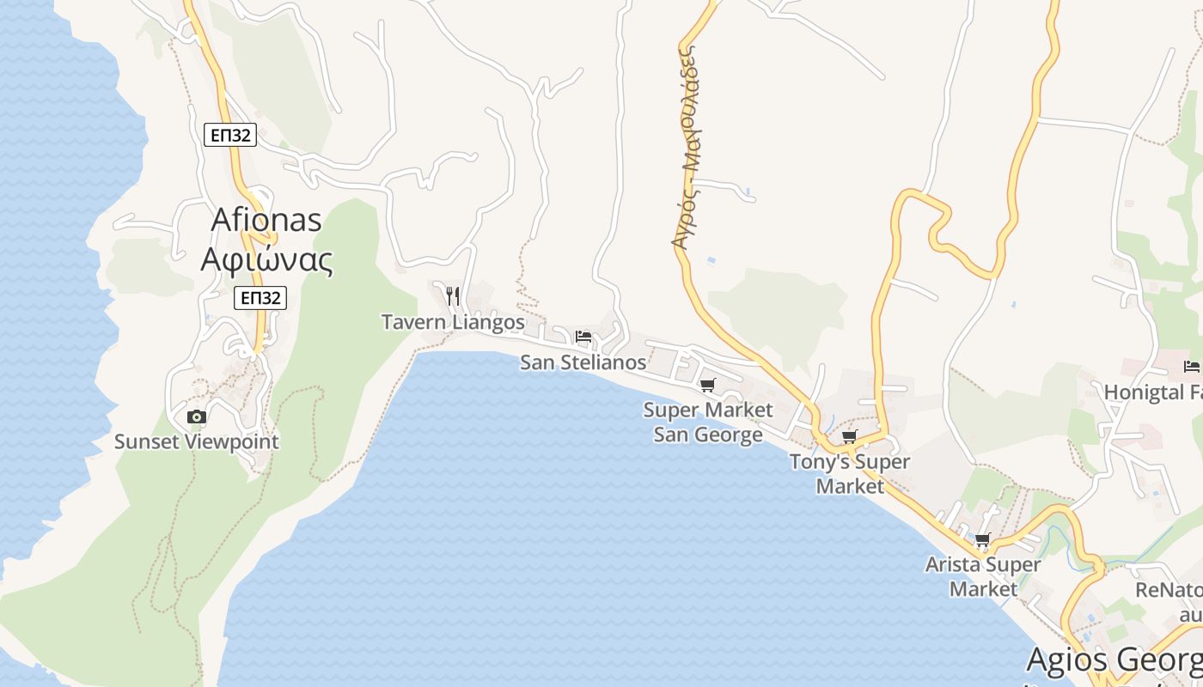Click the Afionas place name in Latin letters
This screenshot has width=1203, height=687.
pyautogui.click(x=266, y=220)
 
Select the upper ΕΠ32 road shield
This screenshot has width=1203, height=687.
pyautogui.click(x=230, y=135)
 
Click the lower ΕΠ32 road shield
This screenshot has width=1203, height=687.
pyautogui.click(x=260, y=298)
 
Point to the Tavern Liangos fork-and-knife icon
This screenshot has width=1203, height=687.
pyautogui.click(x=453, y=296)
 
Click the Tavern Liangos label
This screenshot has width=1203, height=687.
pyautogui.click(x=453, y=322)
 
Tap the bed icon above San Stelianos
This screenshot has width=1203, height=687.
pyautogui.click(x=583, y=336)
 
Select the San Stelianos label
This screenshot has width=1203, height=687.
pyautogui.click(x=583, y=362)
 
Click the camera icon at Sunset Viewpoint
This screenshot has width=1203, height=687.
pyautogui.click(x=197, y=417)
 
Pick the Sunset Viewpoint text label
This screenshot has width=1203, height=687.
pyautogui.click(x=197, y=442)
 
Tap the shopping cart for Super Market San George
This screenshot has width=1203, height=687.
pyautogui.click(x=707, y=386)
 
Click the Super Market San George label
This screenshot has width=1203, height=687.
pyautogui.click(x=708, y=423)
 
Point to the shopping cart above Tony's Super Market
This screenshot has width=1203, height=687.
pyautogui.click(x=849, y=437)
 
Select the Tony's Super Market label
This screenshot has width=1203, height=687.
pyautogui.click(x=850, y=474)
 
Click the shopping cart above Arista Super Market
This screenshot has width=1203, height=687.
pyautogui.click(x=982, y=540)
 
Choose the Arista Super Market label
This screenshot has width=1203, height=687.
pyautogui.click(x=983, y=577)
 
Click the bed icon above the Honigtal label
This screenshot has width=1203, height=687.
pyautogui.click(x=1191, y=367)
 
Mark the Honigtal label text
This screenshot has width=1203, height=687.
pyautogui.click(x=1152, y=392)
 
